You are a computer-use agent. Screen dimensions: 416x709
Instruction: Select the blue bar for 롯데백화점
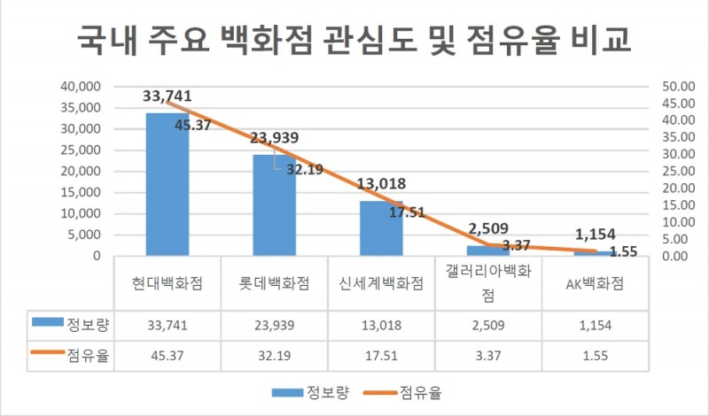274,205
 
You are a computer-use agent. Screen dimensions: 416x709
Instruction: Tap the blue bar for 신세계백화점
381,228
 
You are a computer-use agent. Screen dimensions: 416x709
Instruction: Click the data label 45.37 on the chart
192,125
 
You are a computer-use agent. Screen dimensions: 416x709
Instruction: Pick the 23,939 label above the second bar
274,138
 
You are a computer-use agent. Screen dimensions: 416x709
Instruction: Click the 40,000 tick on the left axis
82,87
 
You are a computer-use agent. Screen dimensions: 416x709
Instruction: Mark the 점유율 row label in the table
84,356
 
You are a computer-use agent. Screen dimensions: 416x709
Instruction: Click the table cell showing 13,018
381,324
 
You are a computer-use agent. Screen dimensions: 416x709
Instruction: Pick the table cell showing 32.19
274,357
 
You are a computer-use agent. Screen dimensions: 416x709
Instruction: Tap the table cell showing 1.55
595,357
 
